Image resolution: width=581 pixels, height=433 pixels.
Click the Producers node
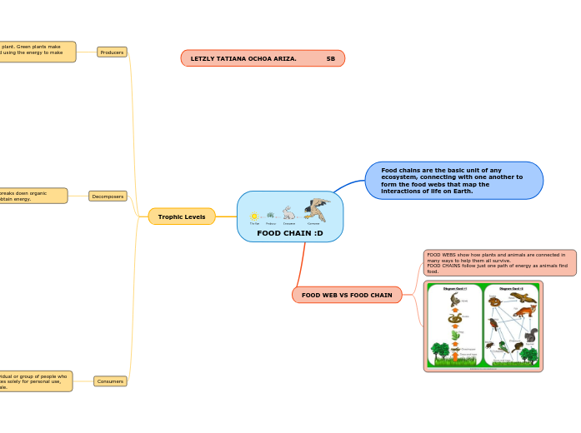112,52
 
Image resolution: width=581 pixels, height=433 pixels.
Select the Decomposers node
108,197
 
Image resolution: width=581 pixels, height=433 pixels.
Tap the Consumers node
110,381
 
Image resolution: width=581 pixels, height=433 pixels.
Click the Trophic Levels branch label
182,216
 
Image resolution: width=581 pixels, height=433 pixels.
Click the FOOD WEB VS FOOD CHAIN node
347,295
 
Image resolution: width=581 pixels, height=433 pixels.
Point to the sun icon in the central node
254,216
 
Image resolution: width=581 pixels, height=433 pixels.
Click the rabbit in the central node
288,213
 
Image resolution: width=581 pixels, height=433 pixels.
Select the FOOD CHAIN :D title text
289,233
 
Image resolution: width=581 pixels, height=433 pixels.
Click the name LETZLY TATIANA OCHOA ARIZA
243,58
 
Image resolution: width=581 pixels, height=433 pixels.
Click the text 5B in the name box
331,58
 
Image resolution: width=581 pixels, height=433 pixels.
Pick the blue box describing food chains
453,181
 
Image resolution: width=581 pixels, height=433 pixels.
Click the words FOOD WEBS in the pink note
442,255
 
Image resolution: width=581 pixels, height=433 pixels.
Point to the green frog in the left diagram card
455,334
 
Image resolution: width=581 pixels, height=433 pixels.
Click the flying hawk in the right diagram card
522,296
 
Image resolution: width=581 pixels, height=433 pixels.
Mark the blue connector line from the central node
348,185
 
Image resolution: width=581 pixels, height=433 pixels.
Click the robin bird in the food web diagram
494,323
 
